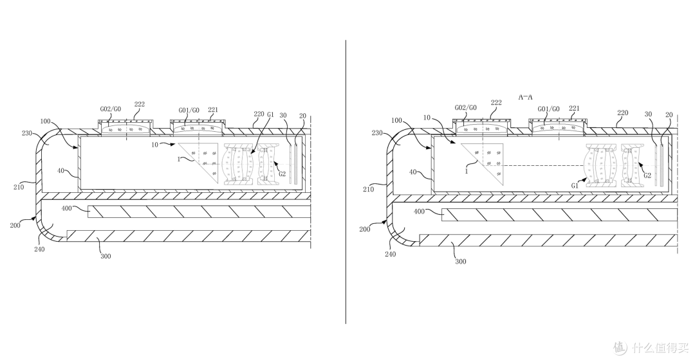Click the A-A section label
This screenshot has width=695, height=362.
tap(525, 96)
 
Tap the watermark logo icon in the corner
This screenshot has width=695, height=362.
tap(620, 347)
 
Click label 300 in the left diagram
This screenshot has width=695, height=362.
tap(106, 256)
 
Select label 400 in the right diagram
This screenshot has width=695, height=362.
tap(419, 212)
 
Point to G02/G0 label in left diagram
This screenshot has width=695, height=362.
tap(110, 109)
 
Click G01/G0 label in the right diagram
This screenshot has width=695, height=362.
tap(548, 109)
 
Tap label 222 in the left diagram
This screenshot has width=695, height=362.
tap(140, 105)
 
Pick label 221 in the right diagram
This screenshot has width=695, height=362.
tap(574, 107)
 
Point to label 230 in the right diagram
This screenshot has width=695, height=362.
tap(377, 132)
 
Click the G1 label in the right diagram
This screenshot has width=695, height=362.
tap(575, 186)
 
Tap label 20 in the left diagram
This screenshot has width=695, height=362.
tap(302, 116)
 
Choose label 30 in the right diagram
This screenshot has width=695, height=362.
tap(649, 114)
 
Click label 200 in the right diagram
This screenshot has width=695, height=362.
tap(365, 229)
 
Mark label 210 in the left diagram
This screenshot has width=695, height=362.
tap(19, 187)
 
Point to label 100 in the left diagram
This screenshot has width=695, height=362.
tap(45, 121)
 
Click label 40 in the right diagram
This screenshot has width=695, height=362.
tap(412, 172)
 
